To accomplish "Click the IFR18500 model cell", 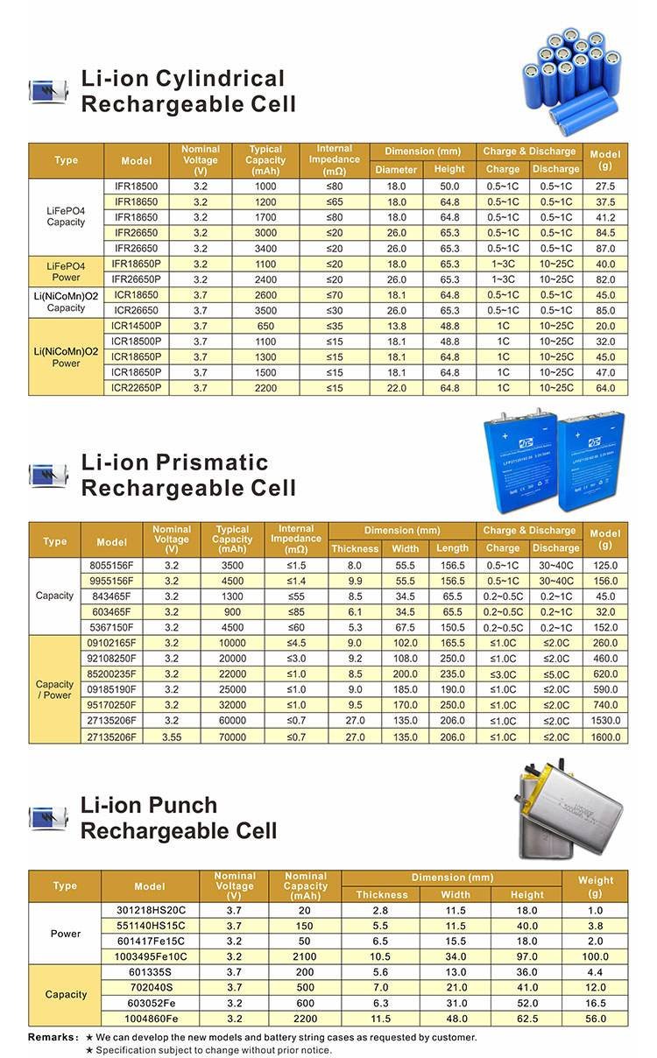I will coord(136,187).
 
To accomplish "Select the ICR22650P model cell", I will coord(136,386).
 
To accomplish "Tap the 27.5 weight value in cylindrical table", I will coord(605,187).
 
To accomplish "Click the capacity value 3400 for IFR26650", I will coord(265,249).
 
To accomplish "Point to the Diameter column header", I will coord(396,169).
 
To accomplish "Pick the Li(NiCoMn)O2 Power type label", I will coord(67,357).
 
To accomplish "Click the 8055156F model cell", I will coord(112,566).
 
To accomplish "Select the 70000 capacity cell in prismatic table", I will coord(232,737).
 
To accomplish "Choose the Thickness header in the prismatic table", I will coord(355,548).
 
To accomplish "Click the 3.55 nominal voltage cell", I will coord(172,737).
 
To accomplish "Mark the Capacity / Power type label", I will coord(54,689).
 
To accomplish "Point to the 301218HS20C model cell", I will coord(150,910).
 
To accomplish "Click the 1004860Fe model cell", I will coord(150,1019).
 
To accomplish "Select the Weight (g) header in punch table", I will coord(596,886).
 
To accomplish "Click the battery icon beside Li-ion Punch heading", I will coord(48,816).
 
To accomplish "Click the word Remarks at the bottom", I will coord(53,1037).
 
